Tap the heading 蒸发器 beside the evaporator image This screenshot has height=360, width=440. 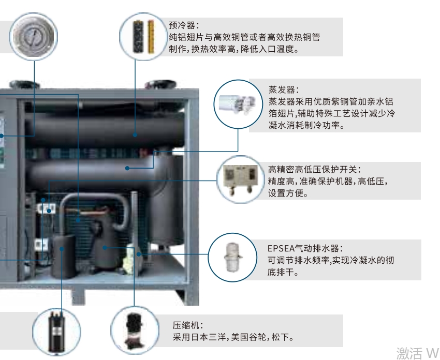[284, 89]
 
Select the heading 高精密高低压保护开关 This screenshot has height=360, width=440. [314, 169]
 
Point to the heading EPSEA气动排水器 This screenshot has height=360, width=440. [305, 248]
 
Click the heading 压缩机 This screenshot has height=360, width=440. [188, 325]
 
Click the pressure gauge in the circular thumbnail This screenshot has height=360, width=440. [34, 36]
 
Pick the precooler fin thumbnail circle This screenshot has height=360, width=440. [143, 37]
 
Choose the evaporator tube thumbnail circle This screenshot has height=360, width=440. [238, 104]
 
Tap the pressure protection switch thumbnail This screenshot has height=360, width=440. [241, 179]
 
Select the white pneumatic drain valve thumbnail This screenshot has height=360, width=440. [232, 258]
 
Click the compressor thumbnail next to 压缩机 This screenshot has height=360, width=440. [135, 331]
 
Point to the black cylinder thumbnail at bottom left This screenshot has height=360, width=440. [56, 332]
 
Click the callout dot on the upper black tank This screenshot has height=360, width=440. [135, 135]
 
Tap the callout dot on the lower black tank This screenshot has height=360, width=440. [127, 168]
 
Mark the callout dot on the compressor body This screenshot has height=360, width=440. [105, 248]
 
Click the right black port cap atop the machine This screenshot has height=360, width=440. [160, 84]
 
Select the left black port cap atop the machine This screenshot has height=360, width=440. [24, 84]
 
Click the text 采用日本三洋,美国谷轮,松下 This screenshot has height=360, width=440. [233, 337]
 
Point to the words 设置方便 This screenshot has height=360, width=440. [288, 193]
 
